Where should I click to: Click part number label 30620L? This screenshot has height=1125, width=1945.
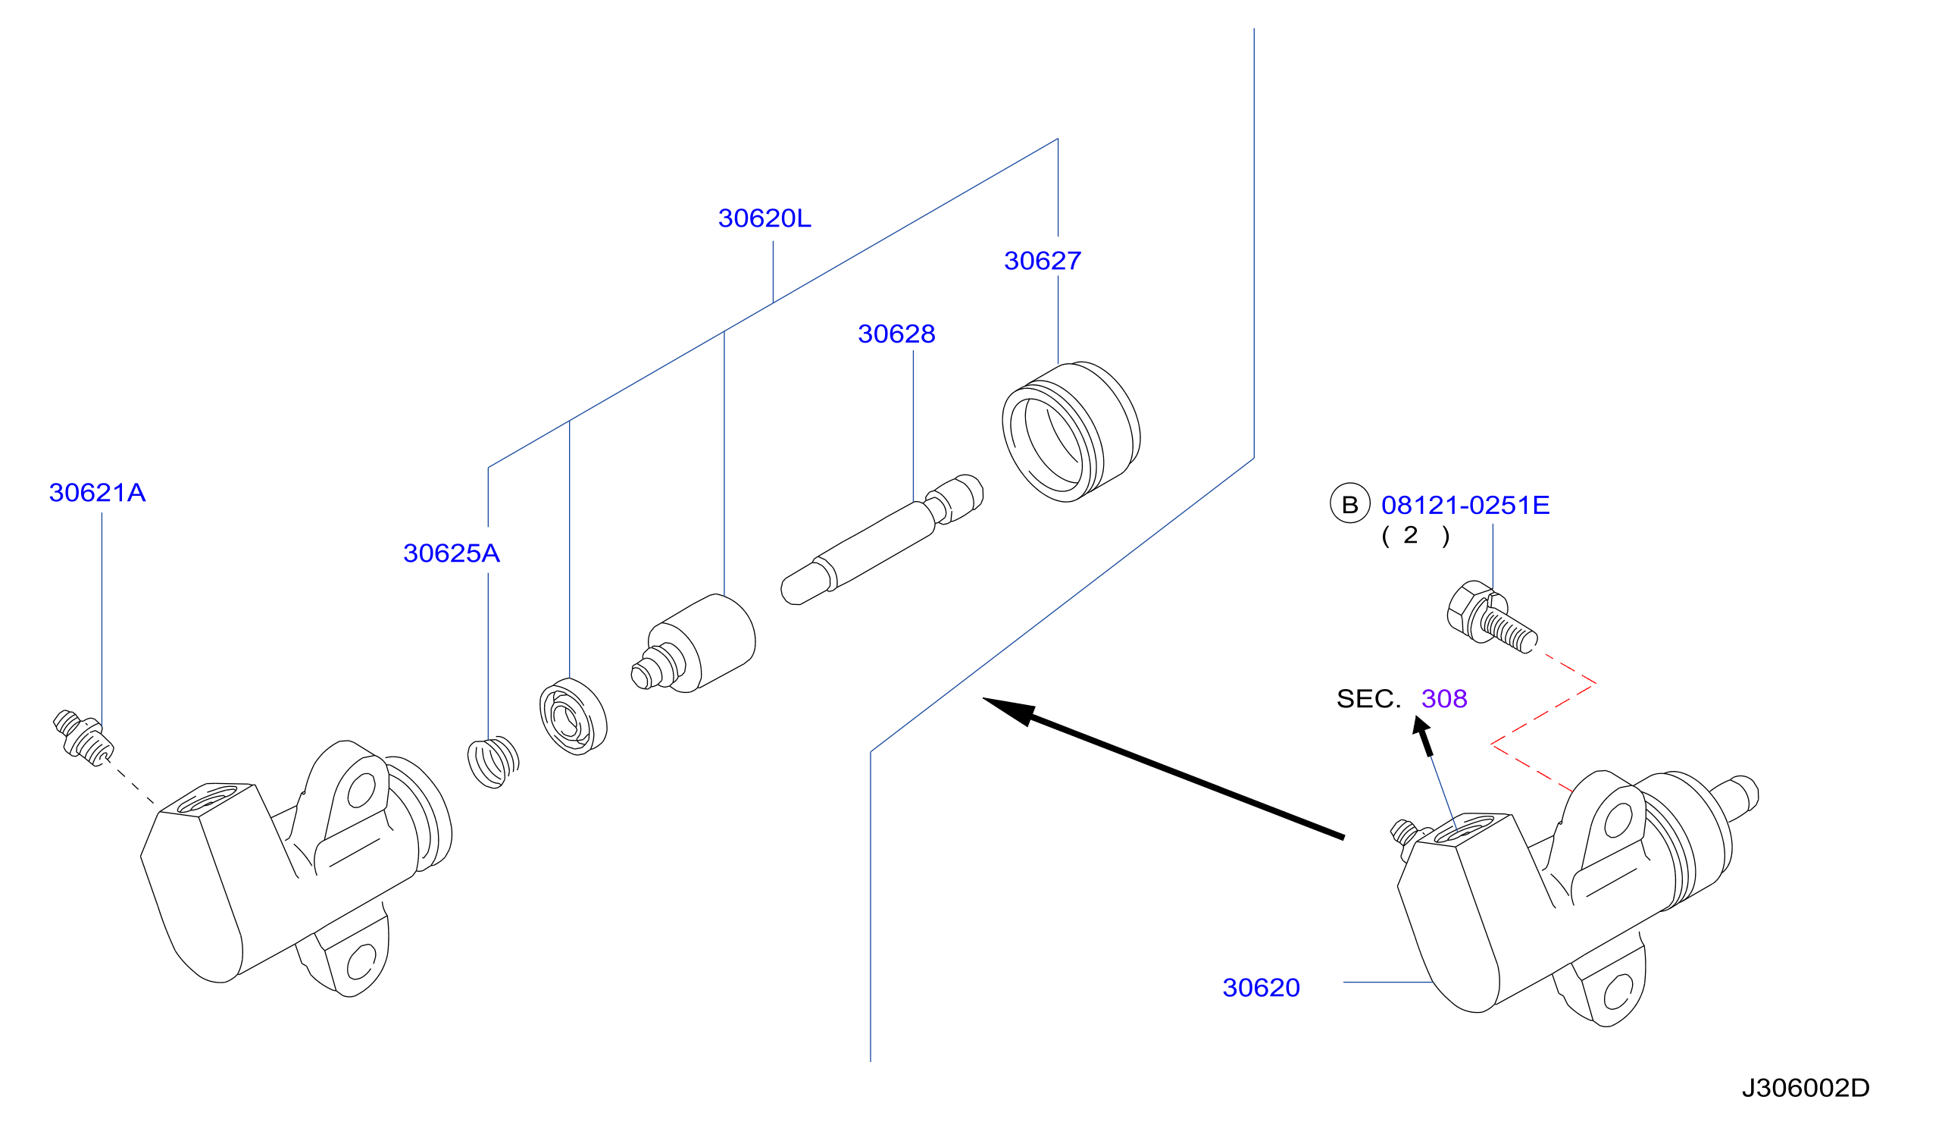tap(764, 218)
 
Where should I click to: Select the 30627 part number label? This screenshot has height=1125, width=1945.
tap(1042, 261)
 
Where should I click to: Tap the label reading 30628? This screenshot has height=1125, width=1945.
tap(896, 334)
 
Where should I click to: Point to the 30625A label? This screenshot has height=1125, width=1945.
tap(452, 553)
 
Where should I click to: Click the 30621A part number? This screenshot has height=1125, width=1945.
tap(97, 493)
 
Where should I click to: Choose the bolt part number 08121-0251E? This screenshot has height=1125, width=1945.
tap(1465, 506)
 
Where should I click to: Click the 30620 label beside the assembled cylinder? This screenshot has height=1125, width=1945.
tap(1261, 988)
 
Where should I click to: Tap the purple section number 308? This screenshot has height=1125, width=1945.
tap(1444, 699)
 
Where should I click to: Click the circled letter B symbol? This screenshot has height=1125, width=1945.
tap(1350, 503)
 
